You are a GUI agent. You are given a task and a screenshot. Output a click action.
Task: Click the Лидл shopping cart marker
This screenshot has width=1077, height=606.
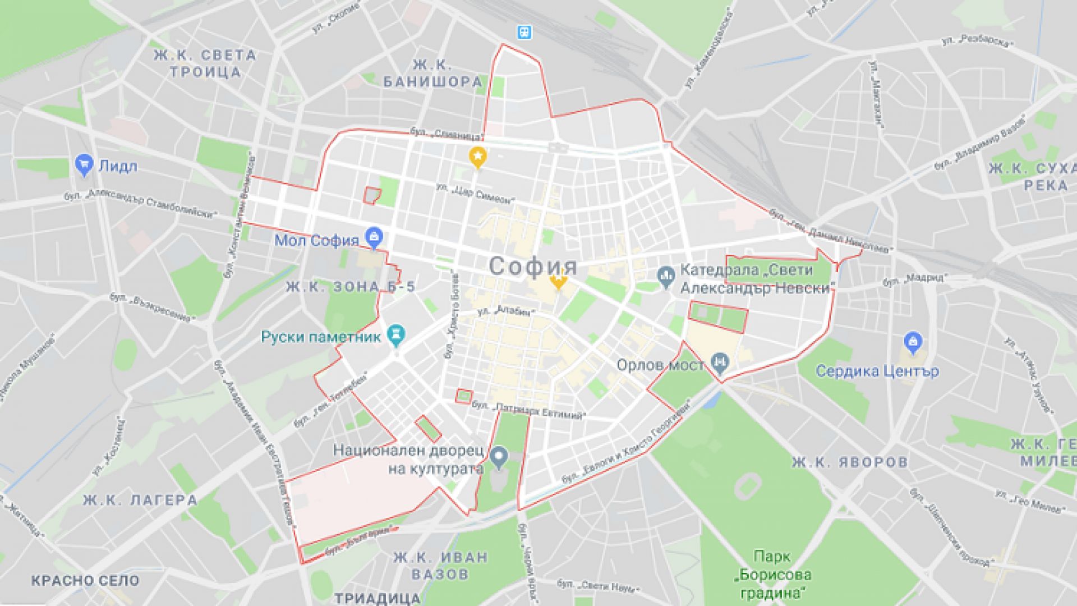click(x=84, y=166)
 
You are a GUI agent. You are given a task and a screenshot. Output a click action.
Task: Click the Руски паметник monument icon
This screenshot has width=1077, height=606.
click(x=397, y=335)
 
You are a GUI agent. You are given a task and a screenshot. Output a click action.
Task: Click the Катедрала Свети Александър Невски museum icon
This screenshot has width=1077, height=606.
click(x=666, y=277)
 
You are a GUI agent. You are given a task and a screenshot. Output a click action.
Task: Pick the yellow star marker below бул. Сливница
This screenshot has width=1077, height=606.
click(x=477, y=158)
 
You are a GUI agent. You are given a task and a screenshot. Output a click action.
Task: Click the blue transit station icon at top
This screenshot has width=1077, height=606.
click(x=524, y=32)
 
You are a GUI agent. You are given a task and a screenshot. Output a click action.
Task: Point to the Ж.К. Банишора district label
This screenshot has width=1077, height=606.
click(x=432, y=74)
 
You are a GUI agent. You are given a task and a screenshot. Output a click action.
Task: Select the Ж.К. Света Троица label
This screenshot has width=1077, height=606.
click(x=206, y=63)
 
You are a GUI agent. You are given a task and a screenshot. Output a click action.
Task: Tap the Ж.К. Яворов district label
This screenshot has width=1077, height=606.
click(x=850, y=462)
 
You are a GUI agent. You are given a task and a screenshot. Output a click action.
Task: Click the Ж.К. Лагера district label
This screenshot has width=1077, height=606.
click(x=140, y=500)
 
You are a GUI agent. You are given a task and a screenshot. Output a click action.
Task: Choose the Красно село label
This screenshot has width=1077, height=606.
click(x=85, y=580)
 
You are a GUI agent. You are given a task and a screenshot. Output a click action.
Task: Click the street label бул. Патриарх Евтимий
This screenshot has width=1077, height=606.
click(x=529, y=410)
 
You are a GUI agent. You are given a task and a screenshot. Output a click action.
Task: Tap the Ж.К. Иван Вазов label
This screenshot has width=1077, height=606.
click(x=440, y=566)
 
